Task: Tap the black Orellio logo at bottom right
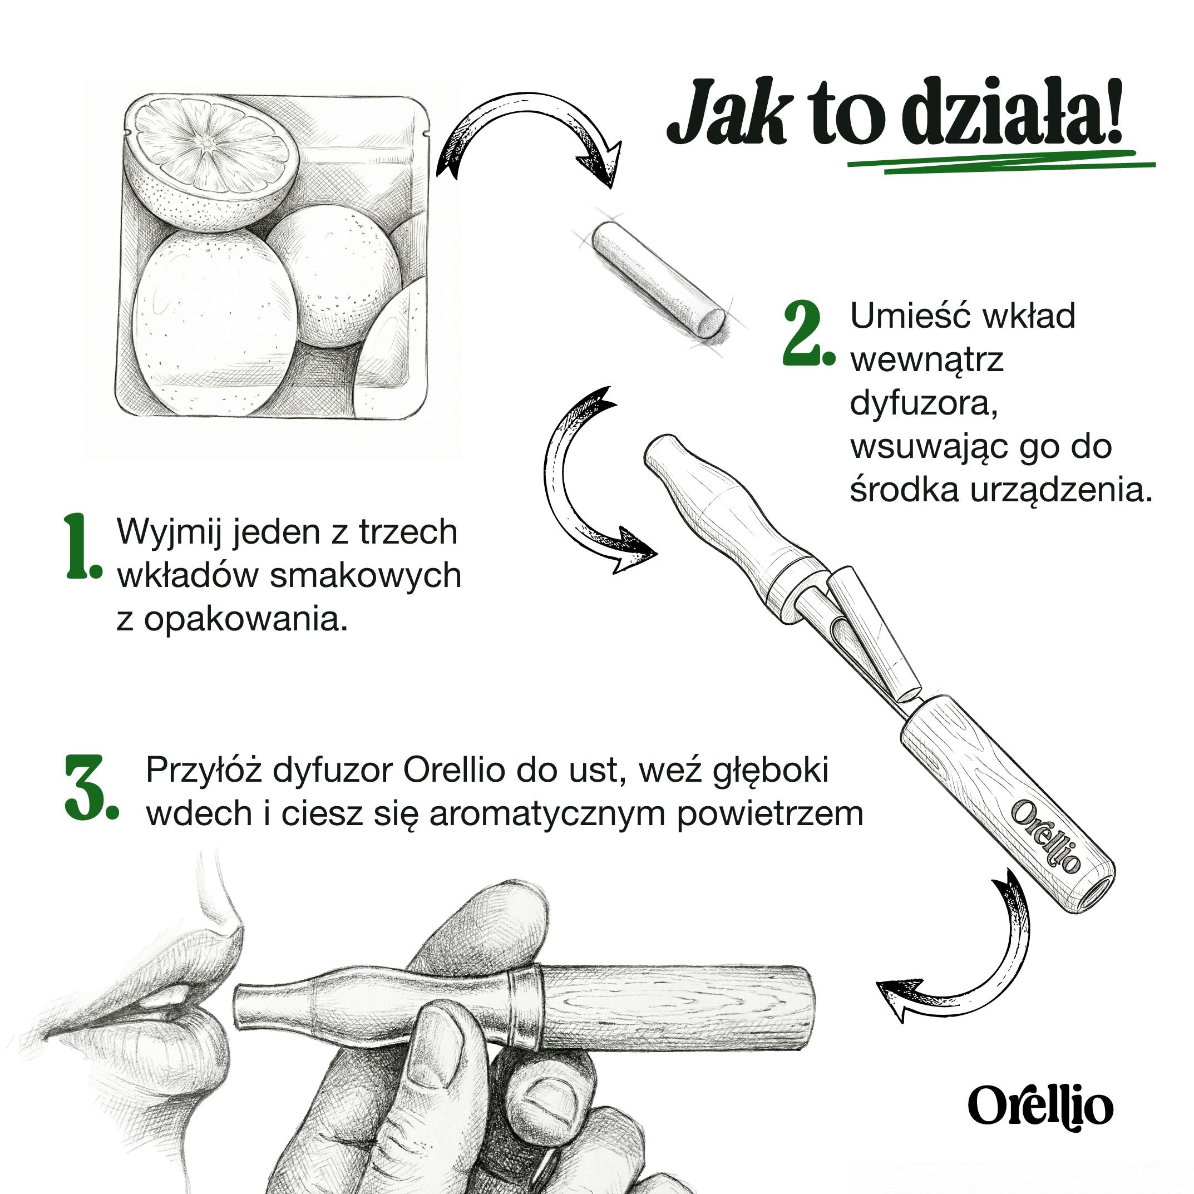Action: point(1040,1106)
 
